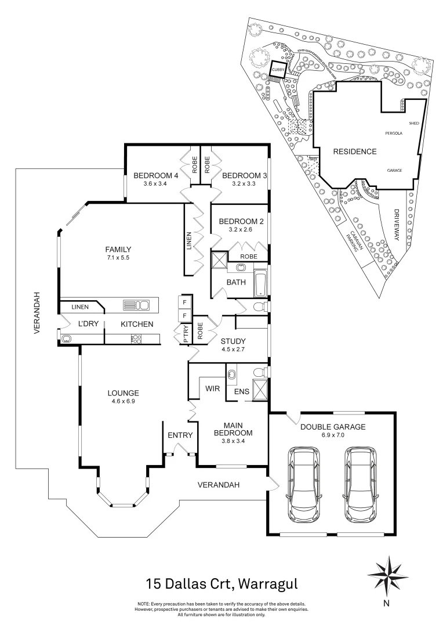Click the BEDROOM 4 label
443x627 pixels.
[155, 176]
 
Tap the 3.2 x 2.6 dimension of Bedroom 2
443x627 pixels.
[239, 230]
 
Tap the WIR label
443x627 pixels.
[213, 389]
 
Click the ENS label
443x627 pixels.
[241, 392]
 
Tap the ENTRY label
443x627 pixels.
[179, 435]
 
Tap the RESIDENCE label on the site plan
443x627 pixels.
[354, 152]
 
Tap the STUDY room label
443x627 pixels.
[234, 341]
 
